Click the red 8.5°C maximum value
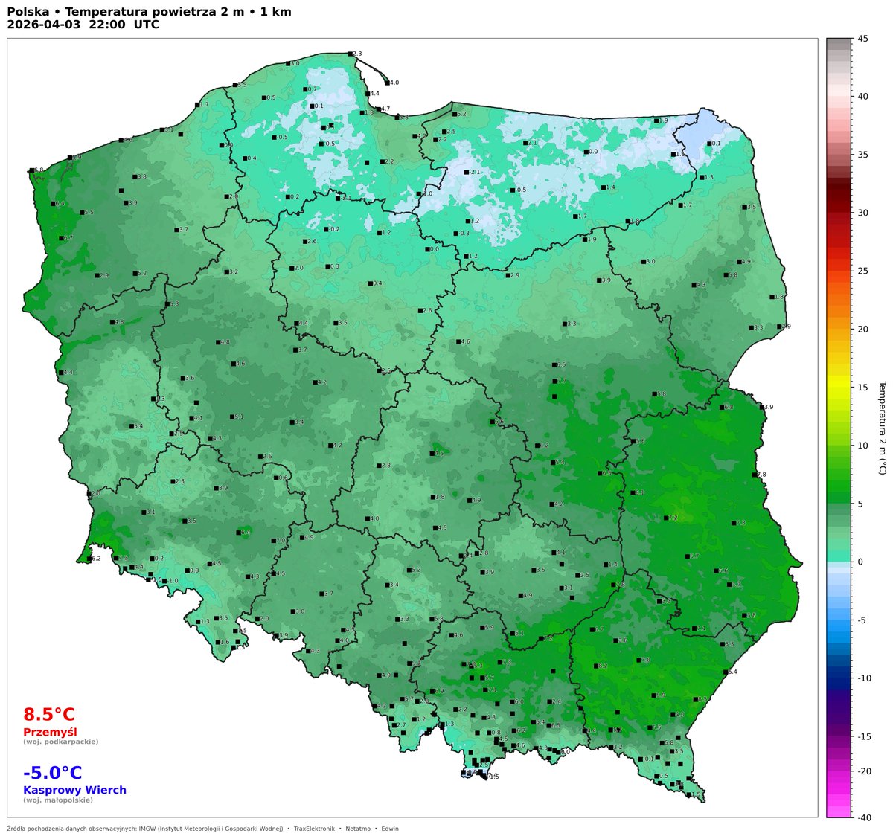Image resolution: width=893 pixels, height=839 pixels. pyautogui.click(x=49, y=715)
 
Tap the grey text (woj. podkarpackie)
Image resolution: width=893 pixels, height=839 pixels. pyautogui.click(x=60, y=742)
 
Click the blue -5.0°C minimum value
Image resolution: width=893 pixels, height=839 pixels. pyautogui.click(x=53, y=773)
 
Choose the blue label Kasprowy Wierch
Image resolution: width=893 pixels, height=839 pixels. pyautogui.click(x=74, y=790)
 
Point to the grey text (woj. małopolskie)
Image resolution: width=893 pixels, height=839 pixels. pyautogui.click(x=58, y=800)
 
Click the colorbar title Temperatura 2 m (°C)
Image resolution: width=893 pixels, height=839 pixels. pyautogui.click(x=883, y=428)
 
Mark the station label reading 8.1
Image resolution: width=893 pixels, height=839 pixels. pyautogui.click(x=640, y=492)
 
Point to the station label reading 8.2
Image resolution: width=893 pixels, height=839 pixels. pyautogui.click(x=603, y=666)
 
